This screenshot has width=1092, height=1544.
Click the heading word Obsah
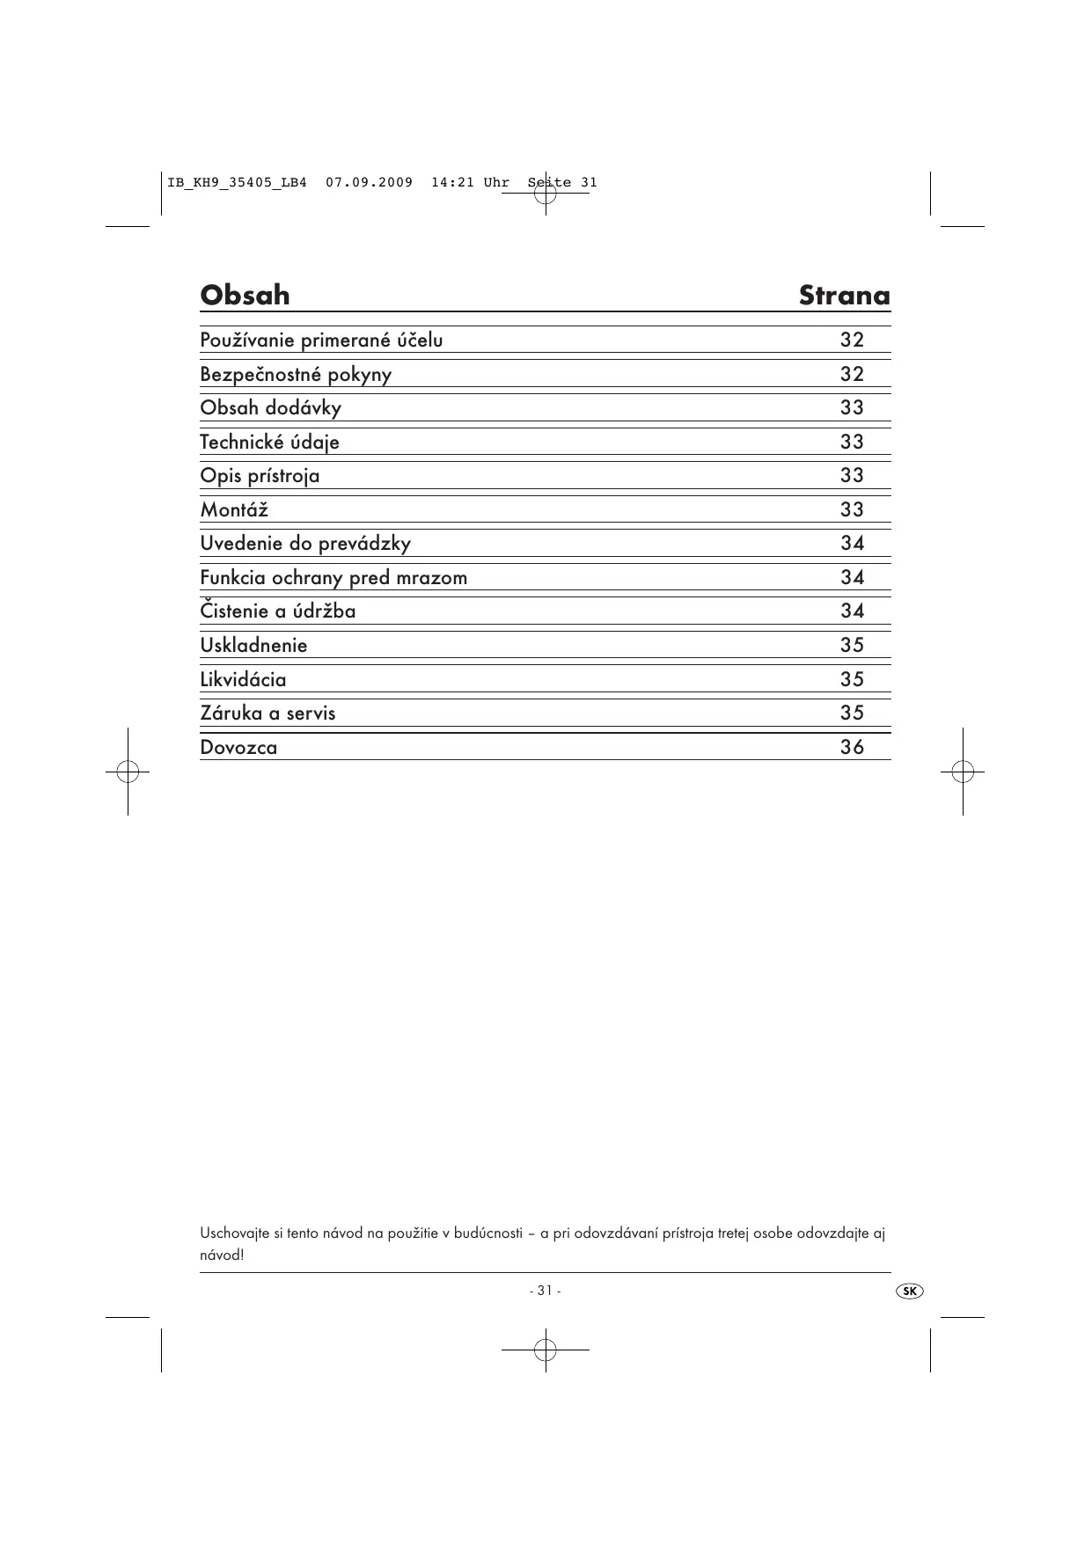tap(245, 295)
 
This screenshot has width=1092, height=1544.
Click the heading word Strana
tap(844, 296)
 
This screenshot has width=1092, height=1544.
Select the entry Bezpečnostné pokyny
tap(296, 375)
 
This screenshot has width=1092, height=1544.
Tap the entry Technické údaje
tap(269, 443)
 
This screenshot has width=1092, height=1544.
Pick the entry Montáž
tap(234, 510)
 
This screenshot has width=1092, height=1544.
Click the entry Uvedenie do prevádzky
tap(305, 544)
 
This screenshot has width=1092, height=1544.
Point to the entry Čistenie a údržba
tap(278, 611)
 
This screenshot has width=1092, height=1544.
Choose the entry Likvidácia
tap(243, 680)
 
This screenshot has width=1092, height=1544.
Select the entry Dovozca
tap(238, 748)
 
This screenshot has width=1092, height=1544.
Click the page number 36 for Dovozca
tap(852, 748)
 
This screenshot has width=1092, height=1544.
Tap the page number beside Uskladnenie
tap(852, 646)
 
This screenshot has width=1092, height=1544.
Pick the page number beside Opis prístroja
tap(852, 476)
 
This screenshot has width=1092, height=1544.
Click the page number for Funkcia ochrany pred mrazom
tap(852, 578)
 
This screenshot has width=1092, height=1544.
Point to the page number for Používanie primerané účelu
tap(852, 340)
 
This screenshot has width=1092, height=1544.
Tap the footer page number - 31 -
tap(546, 1291)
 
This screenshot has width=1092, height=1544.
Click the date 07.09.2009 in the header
tap(369, 183)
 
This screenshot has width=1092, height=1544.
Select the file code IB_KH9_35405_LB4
tap(237, 183)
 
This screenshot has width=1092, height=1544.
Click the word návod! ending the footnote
tap(222, 1255)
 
